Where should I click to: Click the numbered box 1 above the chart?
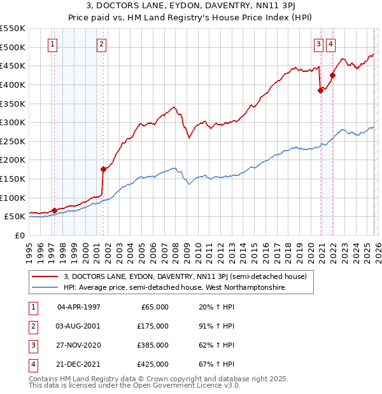pos(52,44)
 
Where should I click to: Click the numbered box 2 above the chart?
pos(101,44)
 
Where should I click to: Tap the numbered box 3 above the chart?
pos(318,44)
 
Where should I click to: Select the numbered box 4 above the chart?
pos(331,44)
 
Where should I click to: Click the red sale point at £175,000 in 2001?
pos(103,169)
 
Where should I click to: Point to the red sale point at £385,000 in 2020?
pos(320,90)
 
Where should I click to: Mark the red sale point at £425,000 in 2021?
pos(332,76)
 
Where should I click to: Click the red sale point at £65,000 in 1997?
pos(54,210)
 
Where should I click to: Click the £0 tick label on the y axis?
pos(19,235)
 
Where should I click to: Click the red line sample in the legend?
pos(45,276)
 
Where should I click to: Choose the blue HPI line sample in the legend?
pos(45,288)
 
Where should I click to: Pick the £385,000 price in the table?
pos(153,345)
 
